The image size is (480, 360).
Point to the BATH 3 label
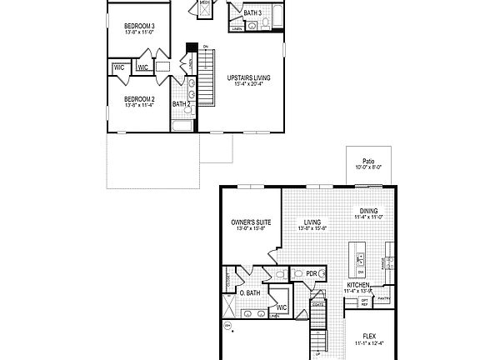coord(252,13)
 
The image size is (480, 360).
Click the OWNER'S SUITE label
coord(250,223)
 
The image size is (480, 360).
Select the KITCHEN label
coord(359,285)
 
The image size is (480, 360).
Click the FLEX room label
coord(367,336)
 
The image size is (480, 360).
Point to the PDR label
coord(312,273)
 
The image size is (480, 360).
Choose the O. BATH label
coord(250,292)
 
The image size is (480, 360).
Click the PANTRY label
coord(384,297)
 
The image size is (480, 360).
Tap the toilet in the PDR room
coord(297,273)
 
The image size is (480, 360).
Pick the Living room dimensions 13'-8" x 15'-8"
coord(312,229)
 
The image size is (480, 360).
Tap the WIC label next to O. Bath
coord(282,307)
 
